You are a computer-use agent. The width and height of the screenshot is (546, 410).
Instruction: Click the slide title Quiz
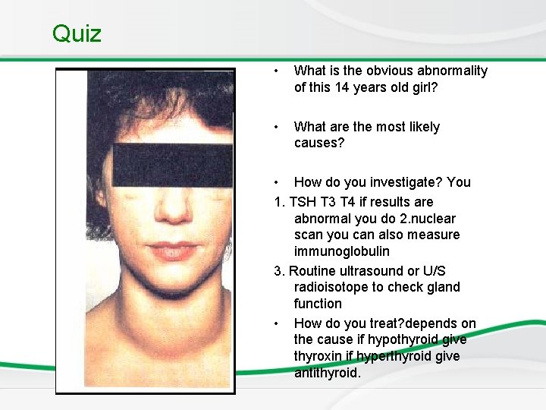[x=77, y=33]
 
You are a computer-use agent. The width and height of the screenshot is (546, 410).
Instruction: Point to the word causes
[x=318, y=143]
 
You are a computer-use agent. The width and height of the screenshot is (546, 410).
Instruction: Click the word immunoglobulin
[x=342, y=251]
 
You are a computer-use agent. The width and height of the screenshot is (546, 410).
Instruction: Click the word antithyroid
[x=326, y=373]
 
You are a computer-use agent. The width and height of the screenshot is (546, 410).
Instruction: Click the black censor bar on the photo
[x=173, y=165]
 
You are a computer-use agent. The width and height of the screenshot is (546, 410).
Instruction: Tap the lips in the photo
[x=171, y=250]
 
